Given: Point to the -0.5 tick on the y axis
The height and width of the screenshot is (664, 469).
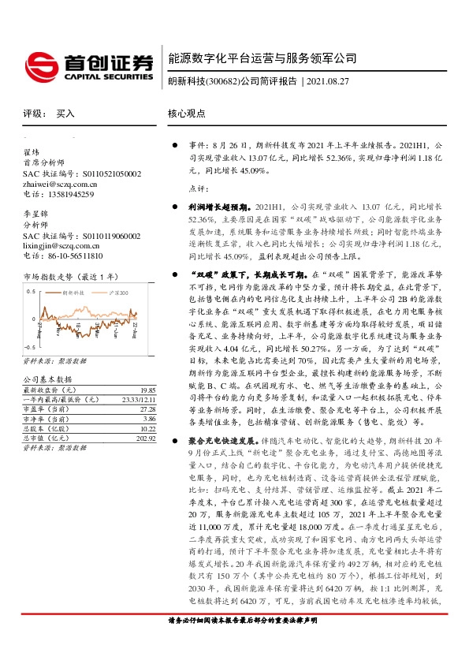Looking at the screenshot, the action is coord(29,346).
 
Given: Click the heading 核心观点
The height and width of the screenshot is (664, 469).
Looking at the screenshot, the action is coord(186,113).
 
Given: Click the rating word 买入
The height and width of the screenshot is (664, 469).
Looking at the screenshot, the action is coord(65,114).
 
